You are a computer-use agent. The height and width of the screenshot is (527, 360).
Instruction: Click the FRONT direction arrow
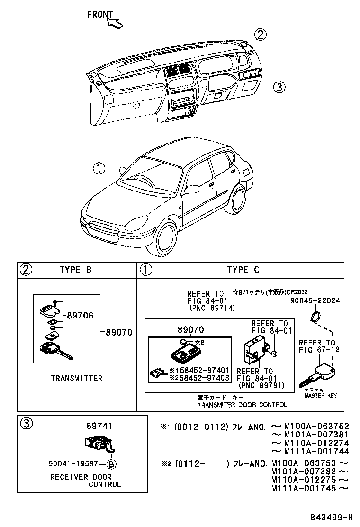coord(115,23)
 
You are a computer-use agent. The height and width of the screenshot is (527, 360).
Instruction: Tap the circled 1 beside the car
coord(99,169)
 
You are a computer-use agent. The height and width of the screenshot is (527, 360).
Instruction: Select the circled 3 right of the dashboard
coord(279,87)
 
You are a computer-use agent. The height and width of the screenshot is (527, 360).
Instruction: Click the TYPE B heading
coord(75,270)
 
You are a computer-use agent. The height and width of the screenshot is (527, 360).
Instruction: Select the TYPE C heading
coord(243,270)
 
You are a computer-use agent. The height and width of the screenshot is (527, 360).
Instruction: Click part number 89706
coord(80,315)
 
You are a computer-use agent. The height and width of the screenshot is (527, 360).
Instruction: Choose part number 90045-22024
coord(315,301)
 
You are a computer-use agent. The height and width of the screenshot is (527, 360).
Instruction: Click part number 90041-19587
coord(76,464)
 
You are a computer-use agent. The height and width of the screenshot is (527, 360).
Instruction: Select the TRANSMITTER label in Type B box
coord(76,378)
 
